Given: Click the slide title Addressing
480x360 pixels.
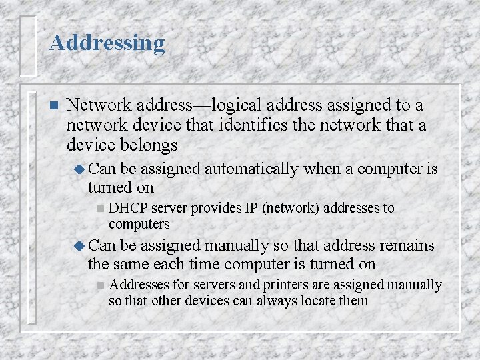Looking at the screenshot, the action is point(107,43).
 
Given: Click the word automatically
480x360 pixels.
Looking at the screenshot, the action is point(251,169).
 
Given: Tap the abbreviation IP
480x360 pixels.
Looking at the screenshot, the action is point(251,209).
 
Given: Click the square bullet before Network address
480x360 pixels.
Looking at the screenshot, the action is point(54,106).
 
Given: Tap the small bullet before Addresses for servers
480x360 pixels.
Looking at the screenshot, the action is point(100,285).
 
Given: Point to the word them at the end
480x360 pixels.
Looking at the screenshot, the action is point(353,301).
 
